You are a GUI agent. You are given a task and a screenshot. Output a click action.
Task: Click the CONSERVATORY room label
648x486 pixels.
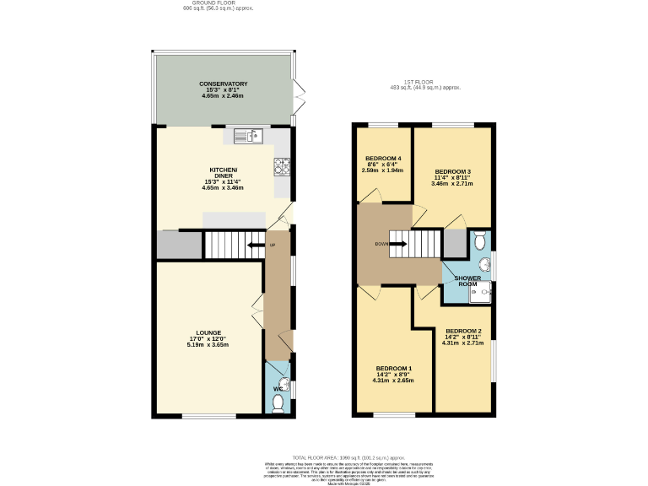(223, 84)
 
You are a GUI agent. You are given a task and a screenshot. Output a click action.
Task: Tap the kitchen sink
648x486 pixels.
(252, 133)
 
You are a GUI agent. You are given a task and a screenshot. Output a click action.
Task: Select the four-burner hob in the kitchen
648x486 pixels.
(282, 166)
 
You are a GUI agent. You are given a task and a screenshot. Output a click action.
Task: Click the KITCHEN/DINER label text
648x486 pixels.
(223, 170)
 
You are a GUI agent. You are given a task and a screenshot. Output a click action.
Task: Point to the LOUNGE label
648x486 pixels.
(208, 332)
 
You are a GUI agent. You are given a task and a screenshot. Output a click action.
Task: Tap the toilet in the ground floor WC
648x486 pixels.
(279, 404)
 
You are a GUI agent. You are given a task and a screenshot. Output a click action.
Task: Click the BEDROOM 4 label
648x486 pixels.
(383, 159)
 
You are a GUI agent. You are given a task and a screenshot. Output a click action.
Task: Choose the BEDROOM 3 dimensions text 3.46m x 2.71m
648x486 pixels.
(452, 182)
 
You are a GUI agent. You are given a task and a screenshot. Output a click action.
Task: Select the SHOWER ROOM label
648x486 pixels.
(467, 281)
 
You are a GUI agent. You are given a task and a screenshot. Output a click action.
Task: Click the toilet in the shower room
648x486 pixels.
(480, 241)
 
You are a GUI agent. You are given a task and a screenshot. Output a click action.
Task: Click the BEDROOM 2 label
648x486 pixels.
(463, 331)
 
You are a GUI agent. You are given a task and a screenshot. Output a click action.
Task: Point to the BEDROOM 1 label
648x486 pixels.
(393, 369)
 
